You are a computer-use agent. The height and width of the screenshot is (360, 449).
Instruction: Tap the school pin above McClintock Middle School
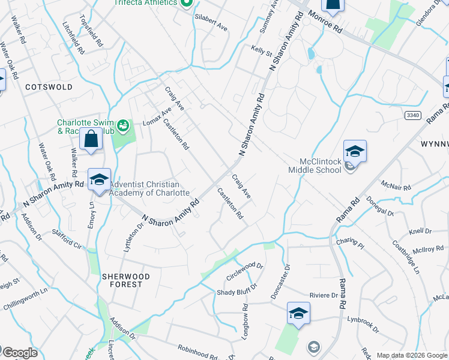pos(355,152)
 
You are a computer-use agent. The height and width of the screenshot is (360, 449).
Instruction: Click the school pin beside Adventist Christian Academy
pos(100,179)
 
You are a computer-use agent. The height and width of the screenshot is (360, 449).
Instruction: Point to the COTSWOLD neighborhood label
pos(49,87)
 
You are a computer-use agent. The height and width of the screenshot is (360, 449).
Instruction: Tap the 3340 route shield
pos(412,115)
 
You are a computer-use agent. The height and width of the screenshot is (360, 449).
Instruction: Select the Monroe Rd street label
pos(324,20)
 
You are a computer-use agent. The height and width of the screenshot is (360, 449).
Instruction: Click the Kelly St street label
pos(262,51)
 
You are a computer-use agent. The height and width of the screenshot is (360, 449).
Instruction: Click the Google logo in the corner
pos(19,353)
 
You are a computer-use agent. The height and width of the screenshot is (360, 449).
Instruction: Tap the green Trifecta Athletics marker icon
pos(186,4)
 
